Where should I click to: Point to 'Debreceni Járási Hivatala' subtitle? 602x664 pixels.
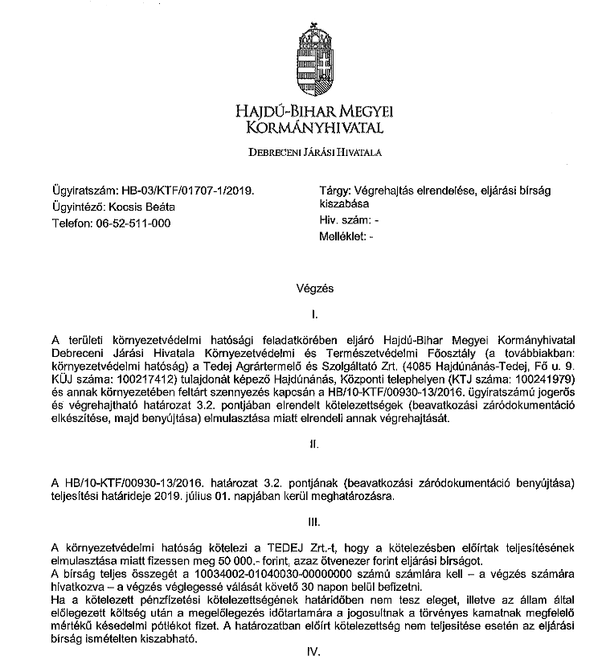click(x=314, y=150)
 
